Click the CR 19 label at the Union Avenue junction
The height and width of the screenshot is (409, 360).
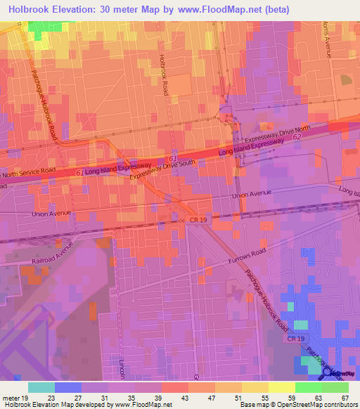[x=198, y=220]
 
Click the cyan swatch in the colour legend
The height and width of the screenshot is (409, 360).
[x=41, y=387]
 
